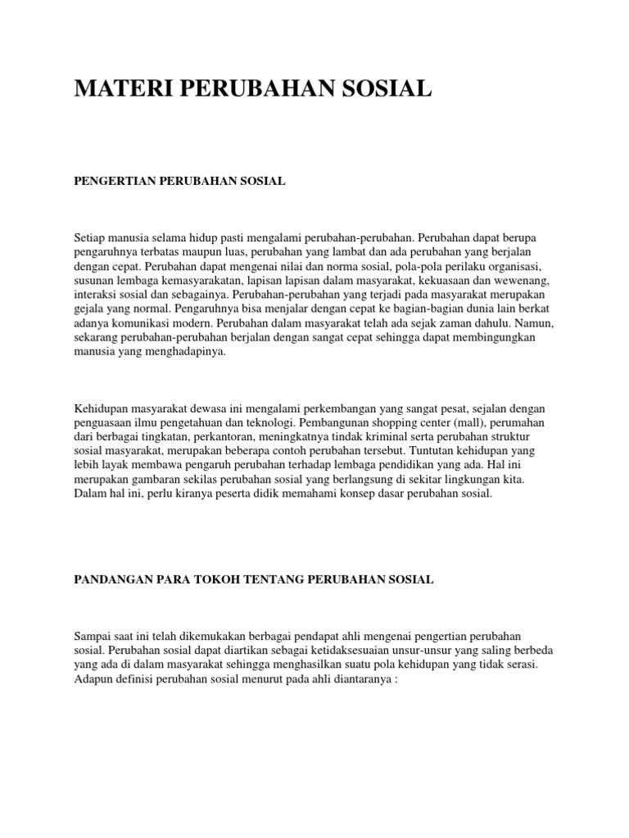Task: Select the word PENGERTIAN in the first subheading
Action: (110, 181)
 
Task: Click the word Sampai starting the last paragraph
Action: (93, 636)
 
